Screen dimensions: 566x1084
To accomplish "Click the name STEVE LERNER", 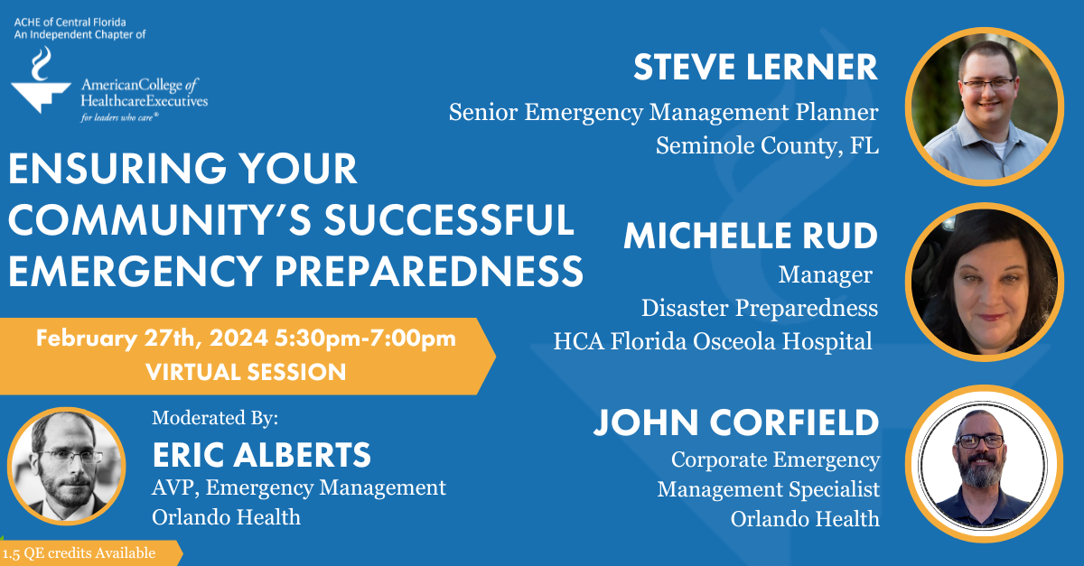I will click(755, 68).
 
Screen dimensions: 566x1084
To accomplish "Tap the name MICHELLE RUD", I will click(750, 237).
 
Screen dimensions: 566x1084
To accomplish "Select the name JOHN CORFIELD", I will click(735, 422).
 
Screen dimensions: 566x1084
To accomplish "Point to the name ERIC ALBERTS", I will click(262, 454).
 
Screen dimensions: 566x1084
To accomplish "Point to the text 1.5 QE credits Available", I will click(79, 553).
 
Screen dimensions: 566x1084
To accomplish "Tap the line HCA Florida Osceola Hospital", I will click(713, 340).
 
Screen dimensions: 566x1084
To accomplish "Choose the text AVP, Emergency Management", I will click(299, 488).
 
